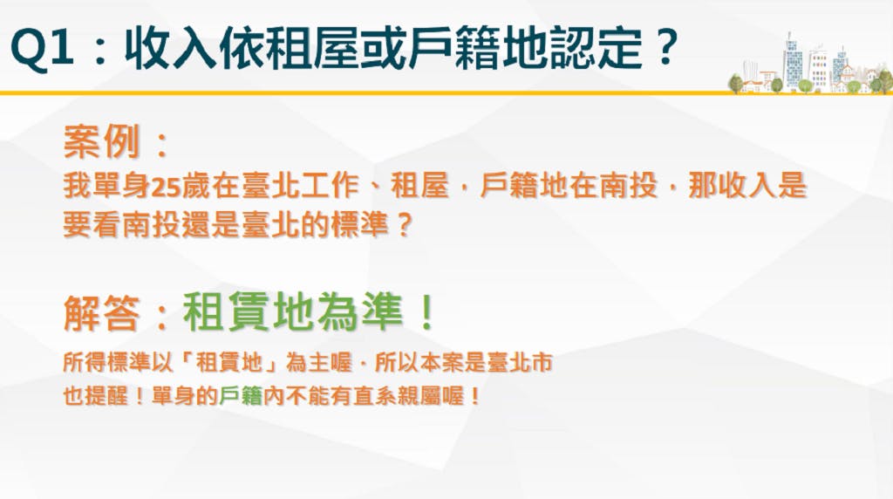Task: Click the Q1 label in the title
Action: tap(42, 49)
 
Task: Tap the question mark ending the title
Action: tap(664, 47)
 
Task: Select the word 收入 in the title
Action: tap(170, 49)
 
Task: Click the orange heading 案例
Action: tap(101, 141)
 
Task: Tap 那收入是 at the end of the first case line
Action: tap(747, 186)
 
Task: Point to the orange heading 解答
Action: tap(101, 312)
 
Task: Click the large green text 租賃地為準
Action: tap(293, 312)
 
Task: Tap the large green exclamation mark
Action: tap(426, 312)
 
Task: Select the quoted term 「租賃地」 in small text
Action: tap(229, 362)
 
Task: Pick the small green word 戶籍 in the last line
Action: tap(241, 396)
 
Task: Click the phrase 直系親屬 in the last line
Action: tap(397, 396)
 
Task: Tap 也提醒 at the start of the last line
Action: tap(96, 396)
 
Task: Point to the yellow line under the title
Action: tap(446, 92)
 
